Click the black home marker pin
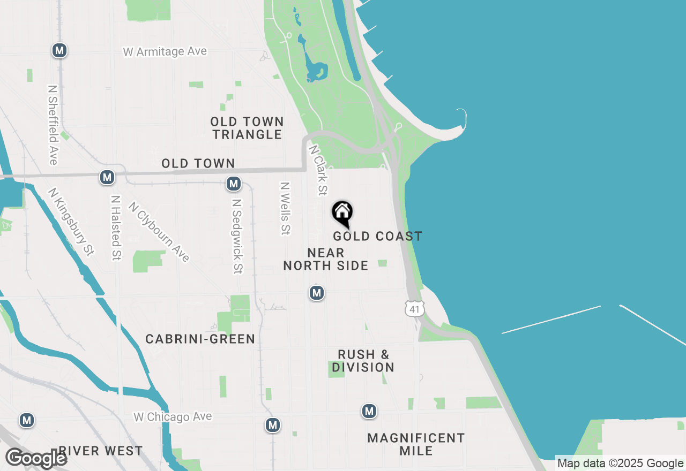[x=342, y=213]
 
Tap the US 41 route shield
[x=415, y=308]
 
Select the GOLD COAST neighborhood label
[x=377, y=236]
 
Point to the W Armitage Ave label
[x=165, y=52]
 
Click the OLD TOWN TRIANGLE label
[x=247, y=128]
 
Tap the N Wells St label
[x=285, y=208]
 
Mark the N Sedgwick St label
[x=237, y=237]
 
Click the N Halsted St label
[x=115, y=227]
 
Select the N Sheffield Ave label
[x=53, y=125]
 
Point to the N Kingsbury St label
[x=71, y=221]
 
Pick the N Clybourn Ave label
[x=159, y=232]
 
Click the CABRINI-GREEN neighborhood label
[x=200, y=339]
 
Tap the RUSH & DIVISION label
[x=363, y=361]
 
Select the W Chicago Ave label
[x=173, y=416]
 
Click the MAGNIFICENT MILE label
[x=416, y=444]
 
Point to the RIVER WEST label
[x=101, y=451]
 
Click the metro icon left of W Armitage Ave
[x=59, y=51]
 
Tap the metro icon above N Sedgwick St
[x=233, y=184]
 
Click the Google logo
[x=36, y=458]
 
